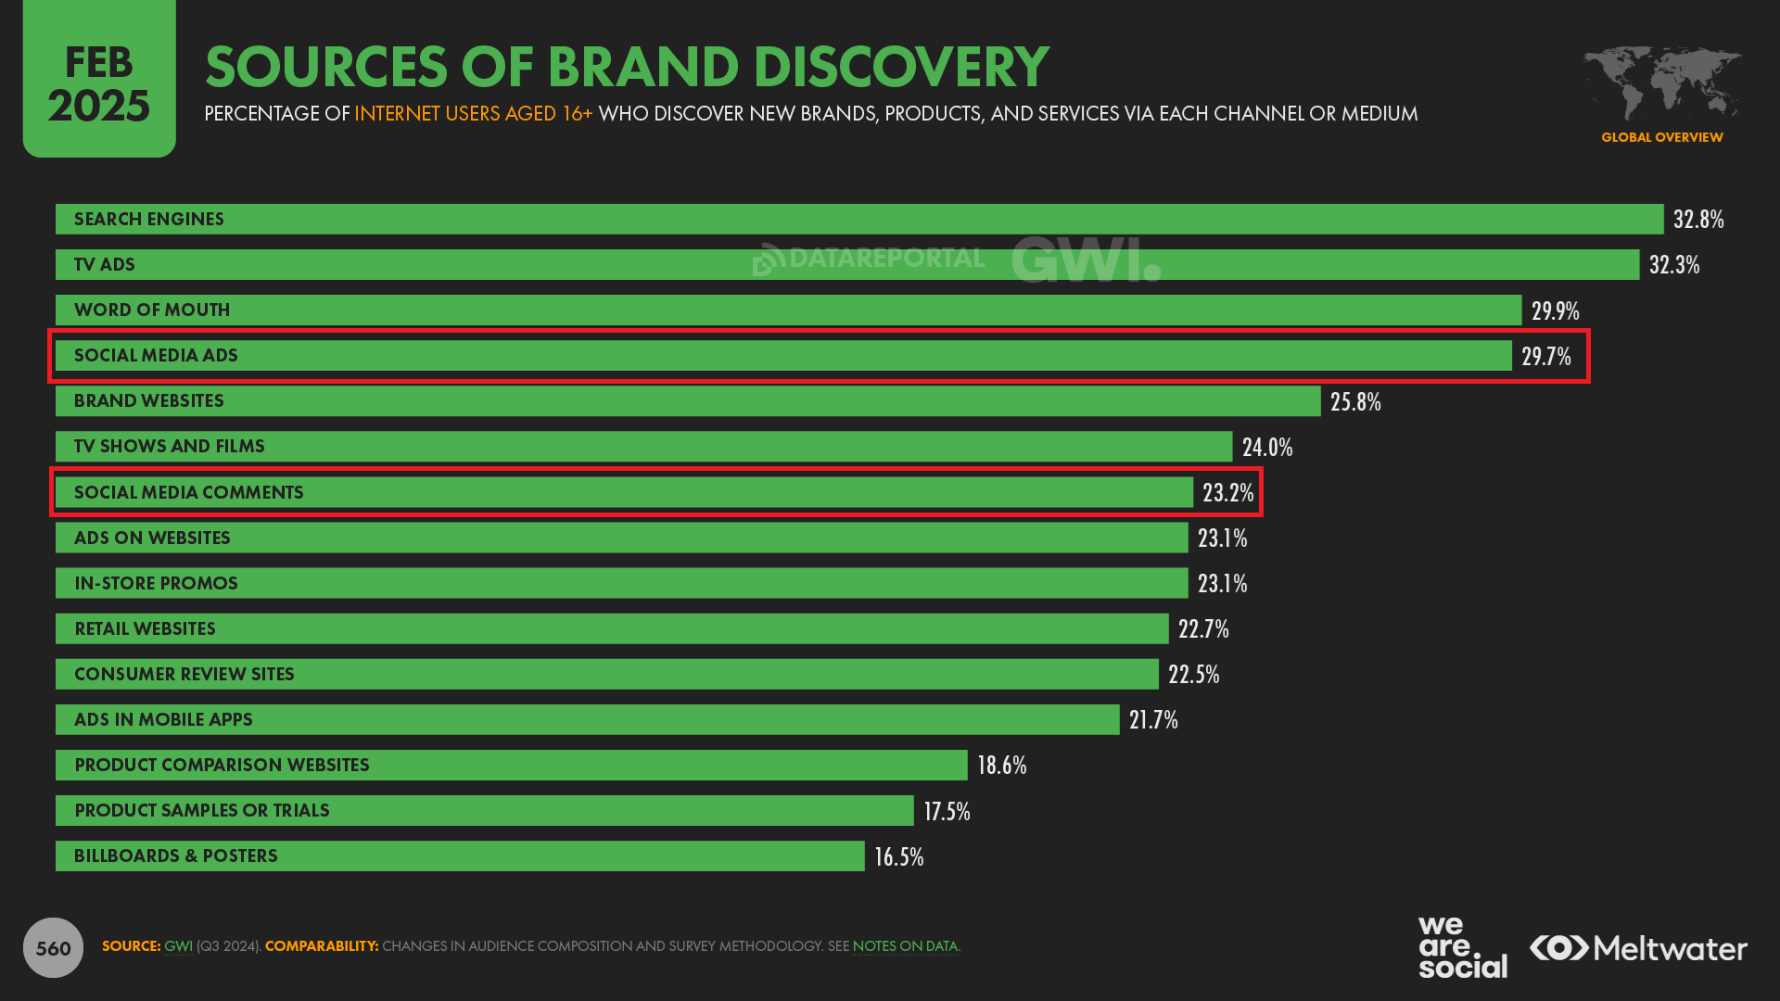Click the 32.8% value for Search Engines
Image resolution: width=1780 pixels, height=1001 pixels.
tap(1697, 220)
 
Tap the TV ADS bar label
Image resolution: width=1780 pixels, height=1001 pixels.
tap(105, 265)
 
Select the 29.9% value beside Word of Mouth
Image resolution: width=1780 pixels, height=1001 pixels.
tap(1555, 310)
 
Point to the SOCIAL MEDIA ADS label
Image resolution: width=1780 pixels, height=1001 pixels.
tap(156, 356)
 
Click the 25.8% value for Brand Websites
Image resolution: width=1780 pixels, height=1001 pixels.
tap(1354, 401)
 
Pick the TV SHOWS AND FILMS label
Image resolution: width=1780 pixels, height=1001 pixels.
tap(169, 447)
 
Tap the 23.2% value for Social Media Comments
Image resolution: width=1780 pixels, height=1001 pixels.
tap(1227, 492)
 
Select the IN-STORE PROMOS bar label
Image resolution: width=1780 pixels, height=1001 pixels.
tap(156, 583)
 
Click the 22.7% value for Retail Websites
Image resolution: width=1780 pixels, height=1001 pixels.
tap(1202, 628)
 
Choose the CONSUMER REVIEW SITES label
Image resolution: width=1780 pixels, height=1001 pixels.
tap(184, 674)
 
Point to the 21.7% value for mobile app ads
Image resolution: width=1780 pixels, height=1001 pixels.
tap(1152, 719)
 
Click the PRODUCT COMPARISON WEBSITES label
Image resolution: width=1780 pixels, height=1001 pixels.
tap(222, 765)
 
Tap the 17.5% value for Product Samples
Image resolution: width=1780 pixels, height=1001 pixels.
tap(947, 811)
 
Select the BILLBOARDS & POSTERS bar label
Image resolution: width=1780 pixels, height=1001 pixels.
tap(175, 855)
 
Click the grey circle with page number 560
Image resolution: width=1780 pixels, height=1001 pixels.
tap(53, 947)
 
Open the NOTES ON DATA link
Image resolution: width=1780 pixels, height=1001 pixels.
tap(905, 946)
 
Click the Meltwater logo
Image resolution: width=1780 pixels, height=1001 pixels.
tap(1638, 948)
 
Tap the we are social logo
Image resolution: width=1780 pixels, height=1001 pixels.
tap(1462, 947)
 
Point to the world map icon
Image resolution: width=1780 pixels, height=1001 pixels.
tap(1661, 83)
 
